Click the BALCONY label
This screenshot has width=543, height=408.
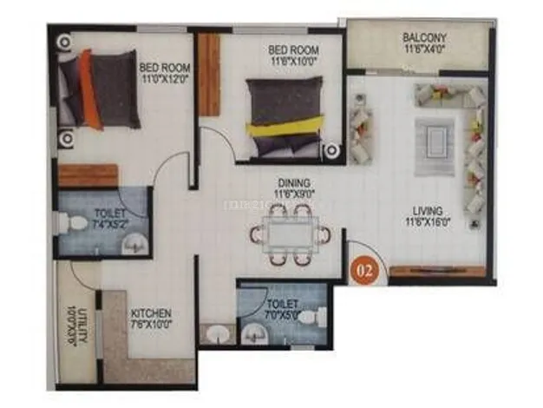click(x=424, y=37)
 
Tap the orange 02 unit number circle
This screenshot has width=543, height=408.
click(x=365, y=270)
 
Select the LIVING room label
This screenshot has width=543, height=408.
click(x=429, y=210)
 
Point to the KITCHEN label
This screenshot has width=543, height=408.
click(x=151, y=313)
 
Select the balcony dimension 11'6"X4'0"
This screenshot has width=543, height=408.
click(x=424, y=50)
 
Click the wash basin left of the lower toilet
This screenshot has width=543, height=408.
click(x=215, y=334)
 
